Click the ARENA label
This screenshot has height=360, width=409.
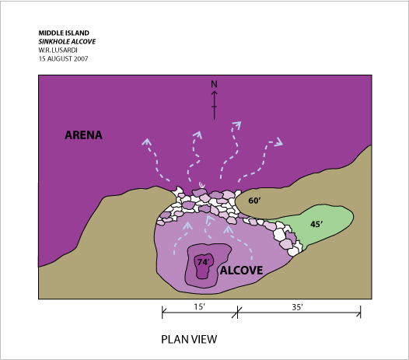pyautogui.click(x=83, y=135)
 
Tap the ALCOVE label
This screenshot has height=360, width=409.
pyautogui.click(x=241, y=271)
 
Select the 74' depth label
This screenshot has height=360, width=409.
pyautogui.click(x=204, y=262)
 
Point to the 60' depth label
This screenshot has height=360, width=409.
pyautogui.click(x=254, y=201)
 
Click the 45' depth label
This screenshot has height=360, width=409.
pyautogui.click(x=316, y=224)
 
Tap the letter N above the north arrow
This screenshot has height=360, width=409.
pyautogui.click(x=214, y=84)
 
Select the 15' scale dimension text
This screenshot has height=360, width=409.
pyautogui.click(x=200, y=307)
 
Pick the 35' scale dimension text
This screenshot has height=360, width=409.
pyautogui.click(x=297, y=307)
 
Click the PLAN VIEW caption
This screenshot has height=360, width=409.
pyautogui.click(x=189, y=339)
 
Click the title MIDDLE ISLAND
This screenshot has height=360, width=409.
pyautogui.click(x=64, y=33)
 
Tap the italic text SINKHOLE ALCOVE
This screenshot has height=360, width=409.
pyautogui.click(x=67, y=41)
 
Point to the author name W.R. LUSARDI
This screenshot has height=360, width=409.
pyautogui.click(x=58, y=50)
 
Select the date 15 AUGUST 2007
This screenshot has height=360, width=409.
pyautogui.click(x=64, y=58)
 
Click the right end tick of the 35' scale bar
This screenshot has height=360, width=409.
pyautogui.click(x=361, y=312)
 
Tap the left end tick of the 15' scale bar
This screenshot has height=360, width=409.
pyautogui.click(x=163, y=312)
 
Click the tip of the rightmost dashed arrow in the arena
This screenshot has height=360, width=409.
pyautogui.click(x=283, y=145)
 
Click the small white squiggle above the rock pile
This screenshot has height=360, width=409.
pyautogui.click(x=202, y=185)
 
